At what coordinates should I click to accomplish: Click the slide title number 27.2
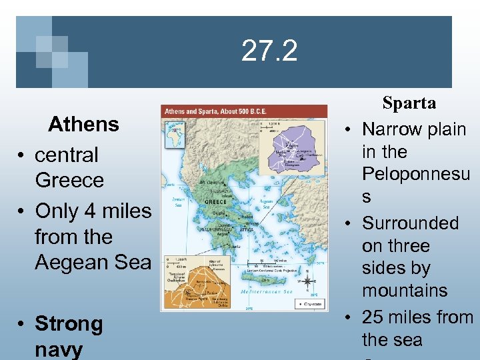coord(269,51)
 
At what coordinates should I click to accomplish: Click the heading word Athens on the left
coord(83,124)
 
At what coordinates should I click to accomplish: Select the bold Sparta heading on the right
coord(409,103)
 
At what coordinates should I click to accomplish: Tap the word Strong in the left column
coord(69,324)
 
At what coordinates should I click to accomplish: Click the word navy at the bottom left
coord(58,349)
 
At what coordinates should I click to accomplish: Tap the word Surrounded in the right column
coord(410,223)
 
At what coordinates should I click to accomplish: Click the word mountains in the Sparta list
coord(405,291)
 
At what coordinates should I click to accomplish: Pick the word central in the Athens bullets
coord(66,155)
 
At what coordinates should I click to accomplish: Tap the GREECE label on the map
coord(215,201)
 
